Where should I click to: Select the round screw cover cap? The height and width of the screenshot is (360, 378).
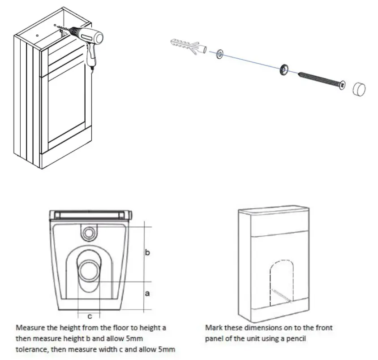click(359, 89)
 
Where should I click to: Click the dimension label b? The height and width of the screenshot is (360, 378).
click(148, 252)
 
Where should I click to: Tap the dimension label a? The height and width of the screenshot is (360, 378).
click(147, 294)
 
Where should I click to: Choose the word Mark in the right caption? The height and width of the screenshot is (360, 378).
click(214, 328)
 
